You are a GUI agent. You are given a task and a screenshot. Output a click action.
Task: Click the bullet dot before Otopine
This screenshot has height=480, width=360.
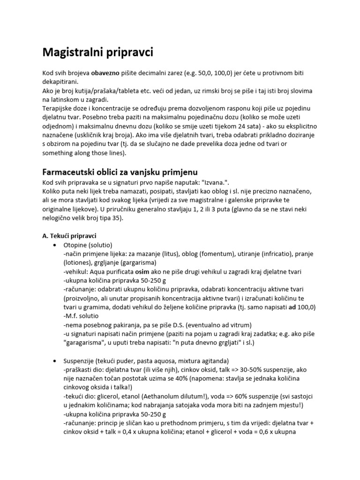56,245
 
